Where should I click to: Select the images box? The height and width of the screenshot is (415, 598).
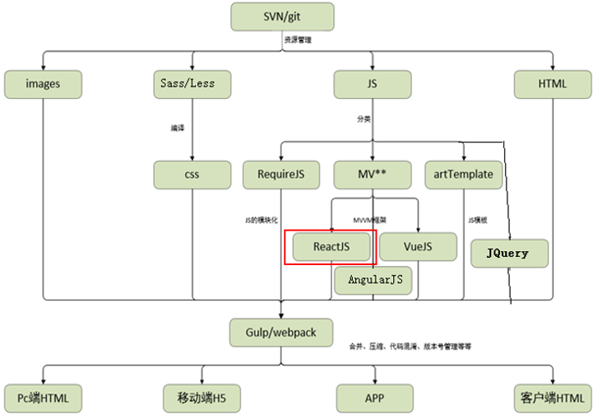(x=43, y=84)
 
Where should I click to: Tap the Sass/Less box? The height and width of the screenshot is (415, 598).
(x=192, y=84)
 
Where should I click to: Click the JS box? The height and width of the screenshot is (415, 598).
(x=373, y=84)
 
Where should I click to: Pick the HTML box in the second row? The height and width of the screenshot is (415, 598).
(x=552, y=84)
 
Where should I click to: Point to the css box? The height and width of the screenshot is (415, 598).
(x=192, y=175)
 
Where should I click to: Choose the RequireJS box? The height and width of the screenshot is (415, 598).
(x=281, y=175)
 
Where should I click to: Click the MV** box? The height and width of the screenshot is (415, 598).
(x=373, y=175)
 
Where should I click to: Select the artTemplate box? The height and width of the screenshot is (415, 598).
(x=463, y=175)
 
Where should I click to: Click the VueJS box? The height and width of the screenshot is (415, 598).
(x=418, y=246)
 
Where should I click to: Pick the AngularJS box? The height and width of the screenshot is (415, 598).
(x=374, y=281)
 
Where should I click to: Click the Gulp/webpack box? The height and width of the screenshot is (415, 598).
(x=282, y=333)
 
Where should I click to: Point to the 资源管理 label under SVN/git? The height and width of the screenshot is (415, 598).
(x=298, y=39)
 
